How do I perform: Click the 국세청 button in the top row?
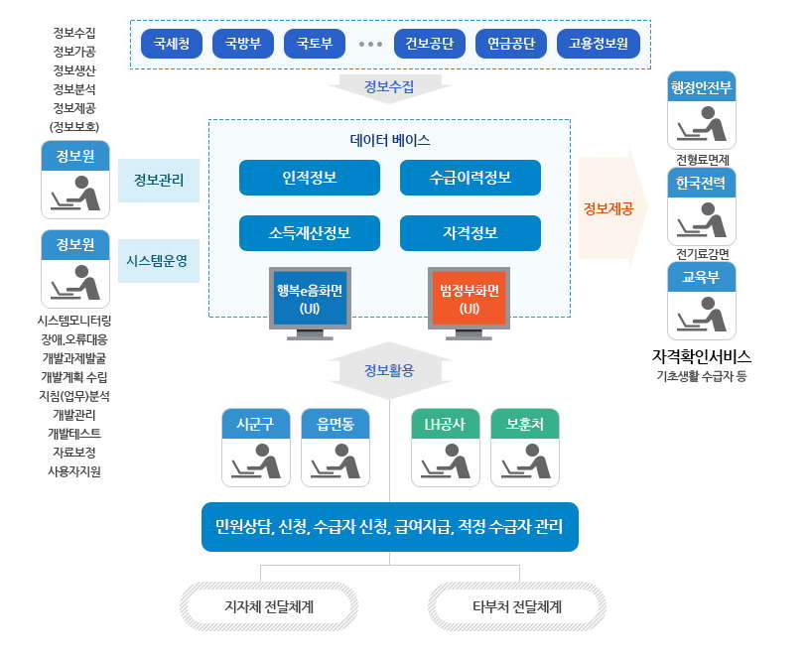click(172, 44)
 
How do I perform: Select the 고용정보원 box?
click(598, 44)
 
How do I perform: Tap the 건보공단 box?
click(430, 44)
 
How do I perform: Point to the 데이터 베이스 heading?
click(390, 141)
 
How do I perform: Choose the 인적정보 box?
click(309, 178)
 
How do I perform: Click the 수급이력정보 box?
click(470, 178)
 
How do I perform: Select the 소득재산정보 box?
click(309, 233)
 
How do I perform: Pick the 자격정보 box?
click(470, 233)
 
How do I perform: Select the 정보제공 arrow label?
click(607, 208)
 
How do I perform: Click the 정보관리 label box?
click(158, 180)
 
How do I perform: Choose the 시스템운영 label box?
click(158, 260)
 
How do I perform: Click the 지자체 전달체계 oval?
click(269, 605)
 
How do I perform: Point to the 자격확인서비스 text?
click(702, 355)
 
